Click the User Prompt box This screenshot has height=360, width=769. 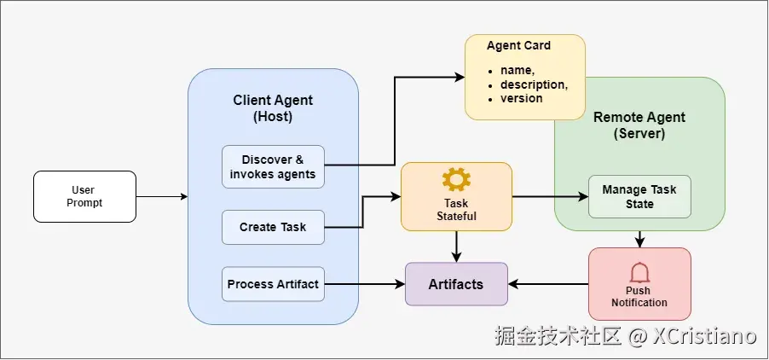pos(84,197)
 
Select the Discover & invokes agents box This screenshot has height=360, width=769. pos(273,167)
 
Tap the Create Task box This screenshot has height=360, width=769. pos(273,228)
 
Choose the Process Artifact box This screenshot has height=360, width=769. pos(273,284)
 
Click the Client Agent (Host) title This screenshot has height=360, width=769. pos(273,109)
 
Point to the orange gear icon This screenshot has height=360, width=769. pos(456,179)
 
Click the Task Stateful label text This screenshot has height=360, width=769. pos(456,211)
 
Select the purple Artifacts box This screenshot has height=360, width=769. pos(456,284)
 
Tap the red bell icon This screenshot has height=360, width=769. pos(639,273)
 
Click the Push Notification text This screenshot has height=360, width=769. pos(639,297)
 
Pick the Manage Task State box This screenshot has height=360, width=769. pos(639,197)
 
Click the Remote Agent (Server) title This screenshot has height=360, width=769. pos(639,125)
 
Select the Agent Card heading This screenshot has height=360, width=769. pos(518,46)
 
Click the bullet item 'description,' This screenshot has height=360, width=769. pos(534,85)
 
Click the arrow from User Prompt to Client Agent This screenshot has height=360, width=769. pos(162,197)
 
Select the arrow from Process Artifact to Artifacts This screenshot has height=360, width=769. pos(364,284)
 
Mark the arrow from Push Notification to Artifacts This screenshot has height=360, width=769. pos(548,284)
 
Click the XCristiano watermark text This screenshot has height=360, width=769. pos(704,337)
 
